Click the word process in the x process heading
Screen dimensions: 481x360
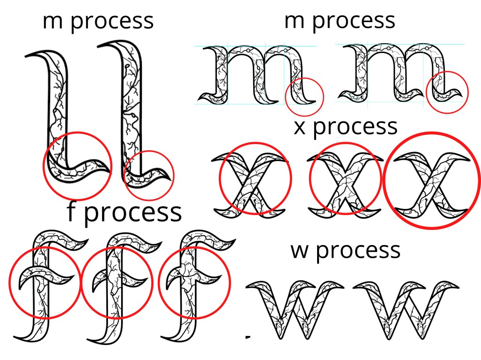[355, 127]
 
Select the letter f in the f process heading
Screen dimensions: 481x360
[71, 211]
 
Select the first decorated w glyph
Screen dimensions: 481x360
[295, 310]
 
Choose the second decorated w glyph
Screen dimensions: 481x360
[405, 310]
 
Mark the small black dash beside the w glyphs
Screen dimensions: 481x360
[248, 337]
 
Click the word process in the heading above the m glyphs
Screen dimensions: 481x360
[354, 22]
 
